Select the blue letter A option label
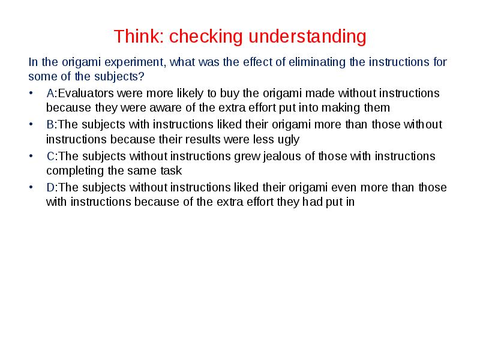[50, 94]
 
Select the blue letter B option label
[50, 125]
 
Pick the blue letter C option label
[50, 156]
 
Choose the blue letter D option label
[50, 187]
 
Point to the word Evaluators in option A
[85, 94]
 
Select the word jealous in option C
[268, 156]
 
